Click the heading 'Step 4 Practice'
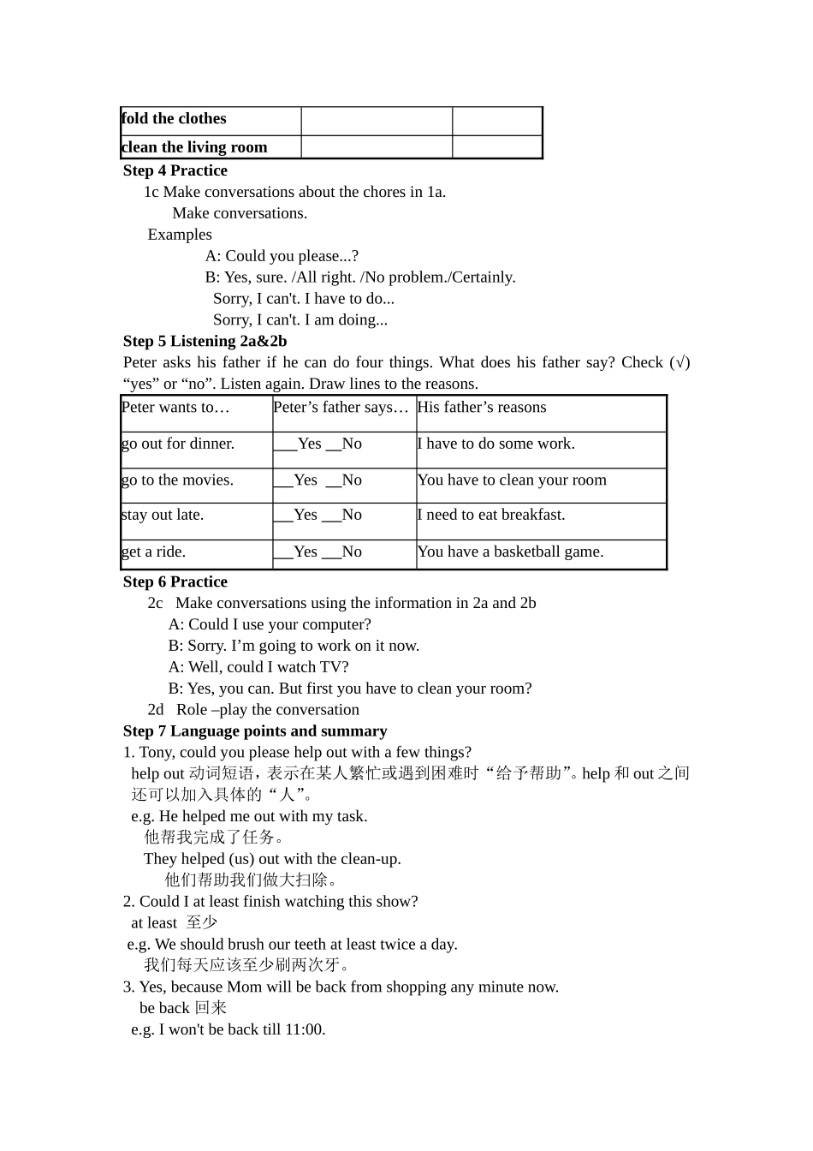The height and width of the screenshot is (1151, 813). click(175, 170)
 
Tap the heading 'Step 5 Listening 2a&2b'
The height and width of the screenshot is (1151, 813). click(205, 341)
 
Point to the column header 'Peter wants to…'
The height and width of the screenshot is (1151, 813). click(176, 408)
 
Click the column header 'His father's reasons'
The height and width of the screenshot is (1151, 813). click(482, 408)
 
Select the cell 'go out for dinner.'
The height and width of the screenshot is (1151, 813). click(178, 444)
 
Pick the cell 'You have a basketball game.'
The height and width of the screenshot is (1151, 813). click(511, 552)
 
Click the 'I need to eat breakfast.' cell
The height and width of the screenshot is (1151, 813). click(491, 515)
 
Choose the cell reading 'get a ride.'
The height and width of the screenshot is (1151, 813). click(154, 552)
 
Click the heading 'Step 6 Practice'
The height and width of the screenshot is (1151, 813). click(175, 581)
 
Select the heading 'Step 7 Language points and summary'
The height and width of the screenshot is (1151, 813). click(255, 731)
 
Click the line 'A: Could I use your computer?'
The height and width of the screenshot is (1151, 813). click(270, 624)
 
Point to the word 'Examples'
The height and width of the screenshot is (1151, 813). click(180, 235)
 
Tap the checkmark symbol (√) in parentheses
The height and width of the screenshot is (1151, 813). click(679, 362)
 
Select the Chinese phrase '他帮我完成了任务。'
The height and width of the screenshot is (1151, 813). click(214, 837)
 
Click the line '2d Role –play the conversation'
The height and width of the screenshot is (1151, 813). click(253, 709)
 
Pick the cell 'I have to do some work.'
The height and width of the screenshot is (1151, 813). click(496, 444)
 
